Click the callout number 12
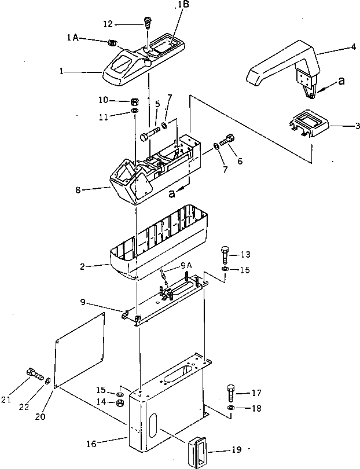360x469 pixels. pos(108,24)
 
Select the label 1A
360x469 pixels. pos(73,38)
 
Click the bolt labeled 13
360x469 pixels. pos(226,254)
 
